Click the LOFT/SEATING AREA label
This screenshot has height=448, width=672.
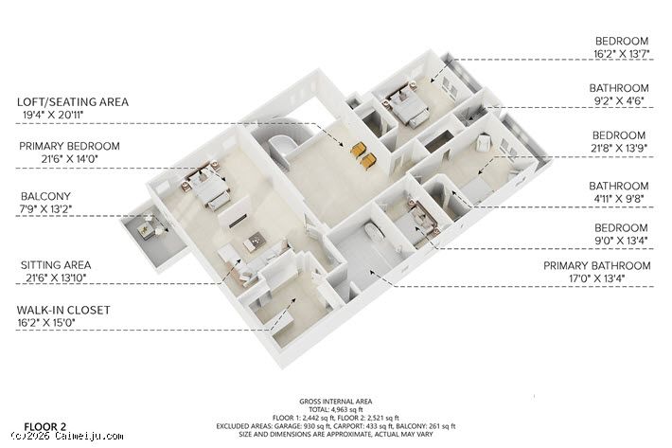(73, 102)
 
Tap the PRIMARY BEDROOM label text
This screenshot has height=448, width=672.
(69, 146)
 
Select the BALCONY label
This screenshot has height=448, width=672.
(45, 196)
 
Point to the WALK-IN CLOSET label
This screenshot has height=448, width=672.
(63, 310)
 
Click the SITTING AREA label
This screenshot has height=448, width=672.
(56, 265)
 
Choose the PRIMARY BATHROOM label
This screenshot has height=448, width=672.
(597, 266)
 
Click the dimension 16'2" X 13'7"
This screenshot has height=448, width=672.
(622, 54)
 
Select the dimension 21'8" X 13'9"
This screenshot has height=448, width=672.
(619, 148)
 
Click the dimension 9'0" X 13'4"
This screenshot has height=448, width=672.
(621, 241)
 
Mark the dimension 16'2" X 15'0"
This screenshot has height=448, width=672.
(46, 323)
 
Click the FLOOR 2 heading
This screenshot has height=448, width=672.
(45, 427)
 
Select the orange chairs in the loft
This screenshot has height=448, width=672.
(363, 154)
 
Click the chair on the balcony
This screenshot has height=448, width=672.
(146, 229)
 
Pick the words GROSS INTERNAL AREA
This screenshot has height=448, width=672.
(336, 402)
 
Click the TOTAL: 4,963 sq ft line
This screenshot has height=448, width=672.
(336, 410)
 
